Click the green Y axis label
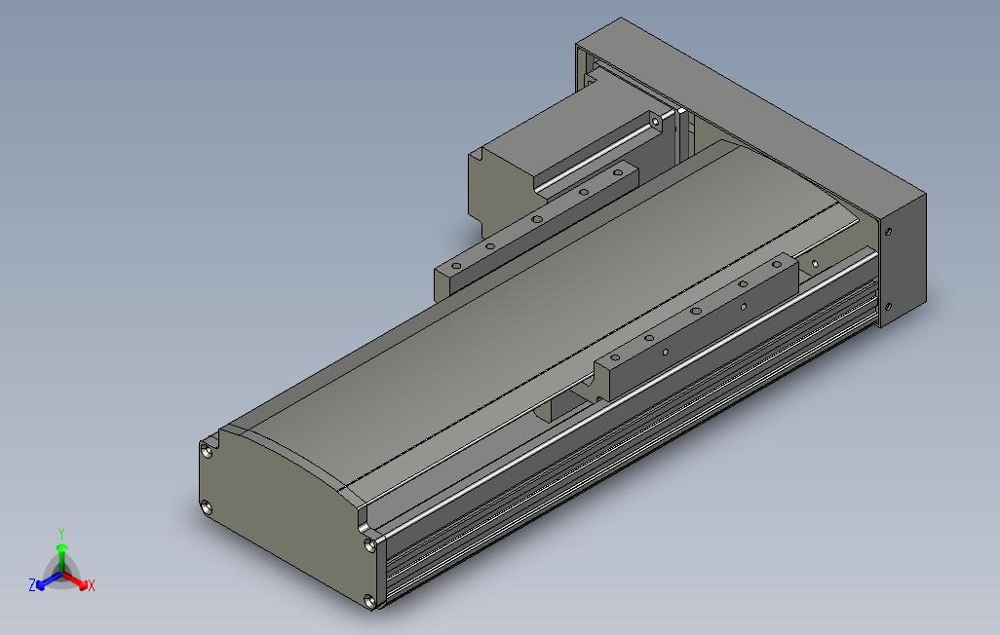[x=60, y=533]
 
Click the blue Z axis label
[x=32, y=584]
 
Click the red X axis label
[x=91, y=585]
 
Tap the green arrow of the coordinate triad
[x=60, y=553]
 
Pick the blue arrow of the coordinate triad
[x=45, y=582]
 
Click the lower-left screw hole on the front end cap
[x=206, y=506]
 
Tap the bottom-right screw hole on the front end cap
[x=368, y=601]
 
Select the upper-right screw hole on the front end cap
[x=368, y=544]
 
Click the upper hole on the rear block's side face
[x=887, y=232]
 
